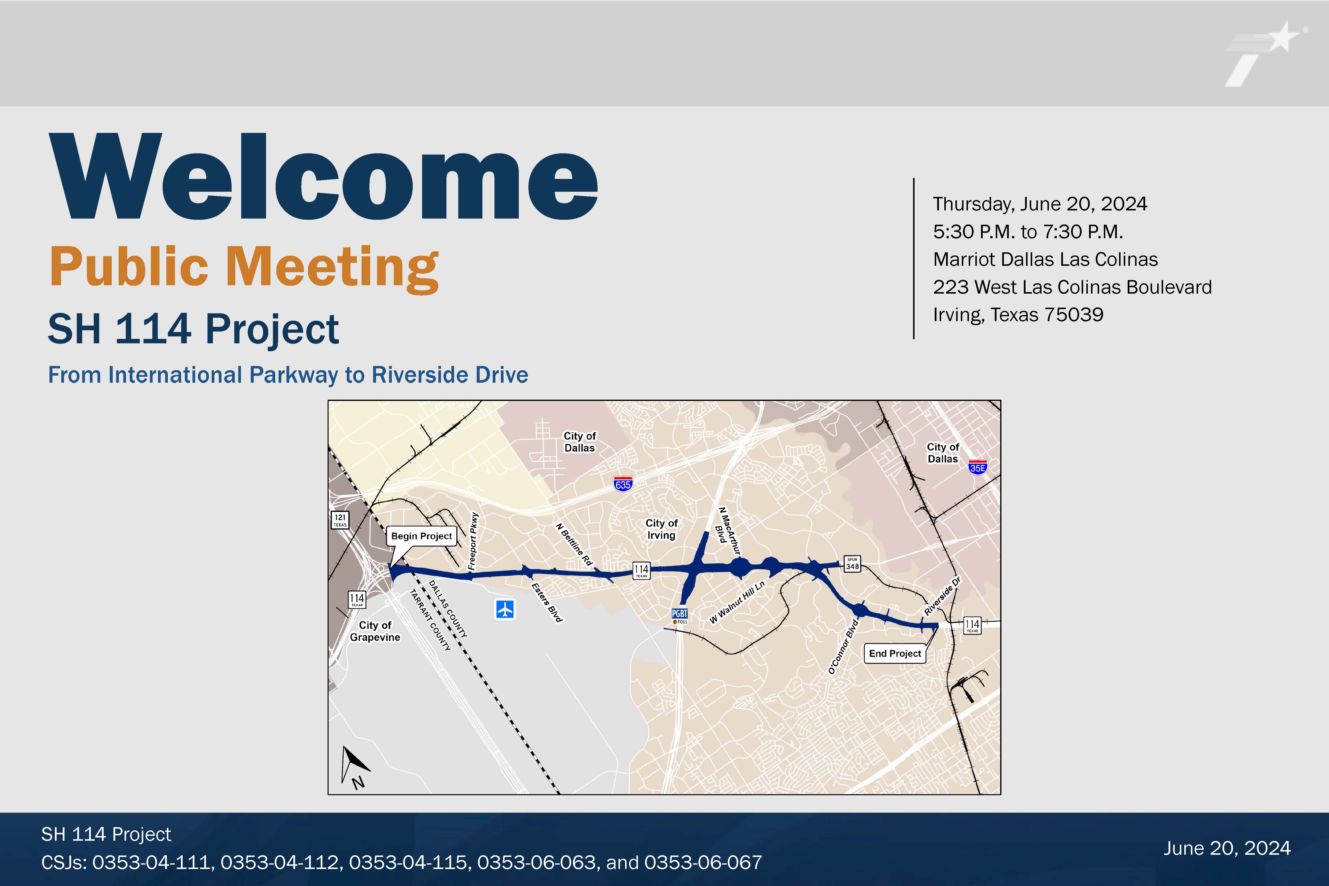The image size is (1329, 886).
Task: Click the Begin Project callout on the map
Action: (x=422, y=536)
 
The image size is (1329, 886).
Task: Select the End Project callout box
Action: (x=895, y=653)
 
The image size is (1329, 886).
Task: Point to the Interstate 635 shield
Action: (x=623, y=484)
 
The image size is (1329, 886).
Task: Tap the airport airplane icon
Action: (x=505, y=610)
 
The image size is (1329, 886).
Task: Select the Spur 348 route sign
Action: (x=852, y=564)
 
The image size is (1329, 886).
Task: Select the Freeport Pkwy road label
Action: (x=474, y=541)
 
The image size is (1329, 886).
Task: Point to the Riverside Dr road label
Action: (x=943, y=596)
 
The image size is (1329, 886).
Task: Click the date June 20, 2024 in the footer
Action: (x=1227, y=848)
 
